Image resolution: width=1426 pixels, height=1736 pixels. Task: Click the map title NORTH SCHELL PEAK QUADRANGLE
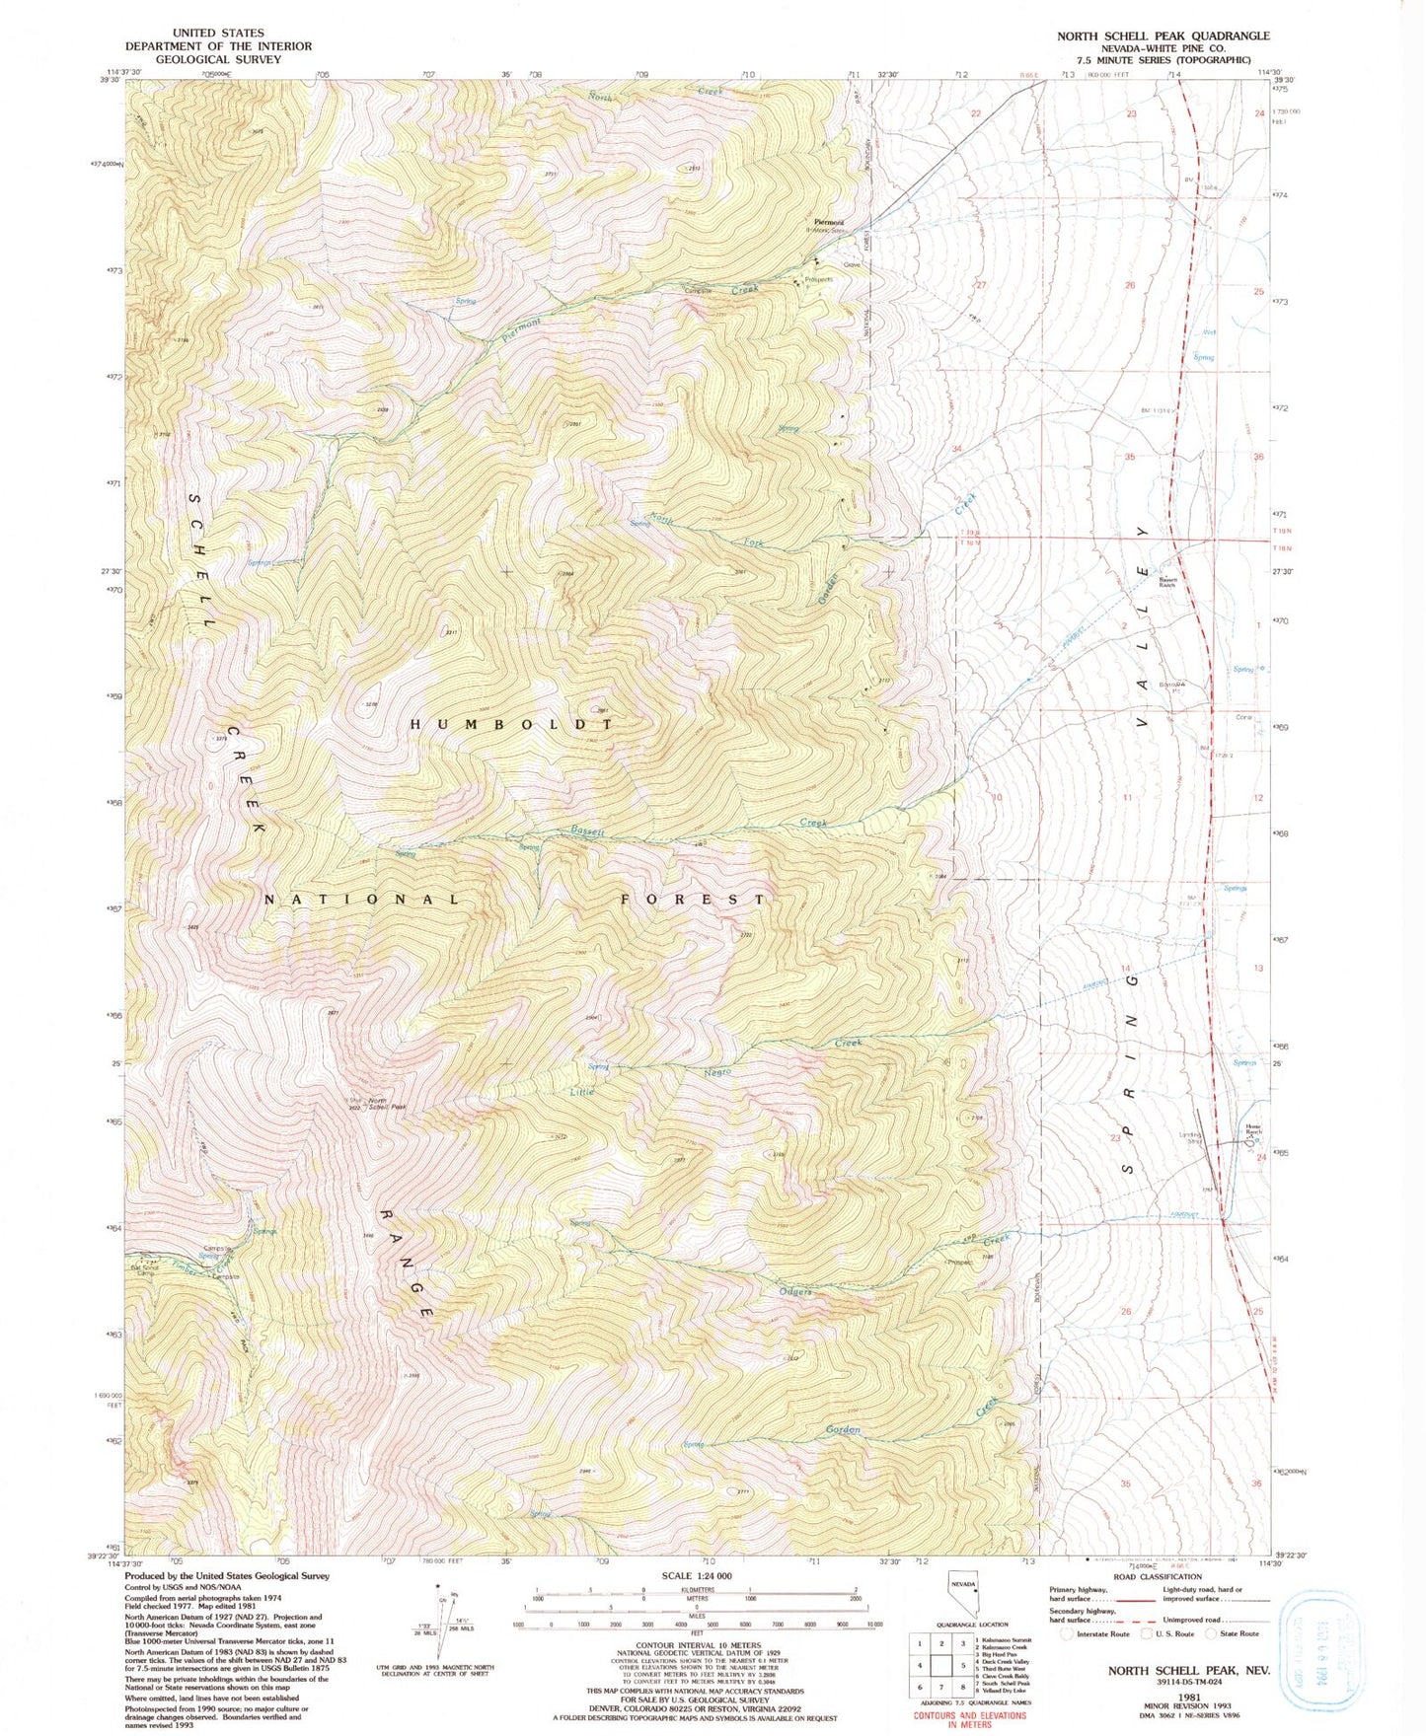(x=1163, y=36)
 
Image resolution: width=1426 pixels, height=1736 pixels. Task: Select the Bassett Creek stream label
(x=588, y=832)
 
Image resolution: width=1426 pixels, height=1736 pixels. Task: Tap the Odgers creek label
(x=795, y=1291)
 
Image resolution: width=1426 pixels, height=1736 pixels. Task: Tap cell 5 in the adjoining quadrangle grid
(x=963, y=1664)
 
